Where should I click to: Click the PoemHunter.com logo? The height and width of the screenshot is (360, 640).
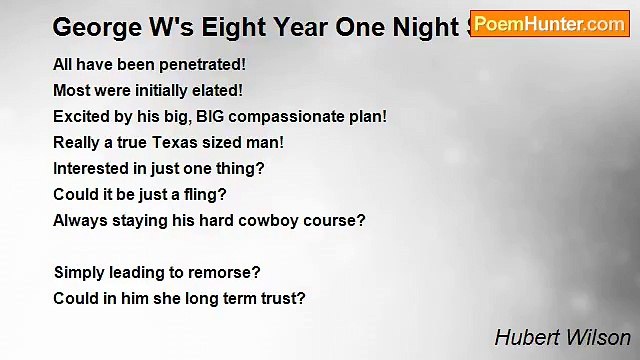point(549,24)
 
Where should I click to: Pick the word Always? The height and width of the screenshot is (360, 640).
point(79,220)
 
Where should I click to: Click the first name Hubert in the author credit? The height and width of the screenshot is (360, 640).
point(524,338)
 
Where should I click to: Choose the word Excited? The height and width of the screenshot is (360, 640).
point(85,116)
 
